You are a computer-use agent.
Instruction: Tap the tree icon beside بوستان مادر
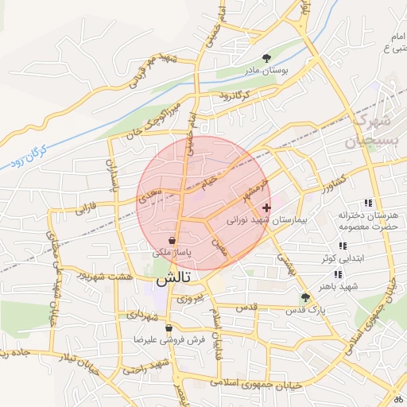click(x=266, y=57)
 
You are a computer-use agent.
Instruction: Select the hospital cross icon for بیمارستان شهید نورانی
click(x=266, y=208)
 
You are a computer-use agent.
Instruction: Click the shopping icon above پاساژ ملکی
click(x=172, y=239)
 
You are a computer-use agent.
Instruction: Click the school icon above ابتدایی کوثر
click(x=343, y=246)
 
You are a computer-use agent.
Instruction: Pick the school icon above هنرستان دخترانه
click(x=367, y=203)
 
